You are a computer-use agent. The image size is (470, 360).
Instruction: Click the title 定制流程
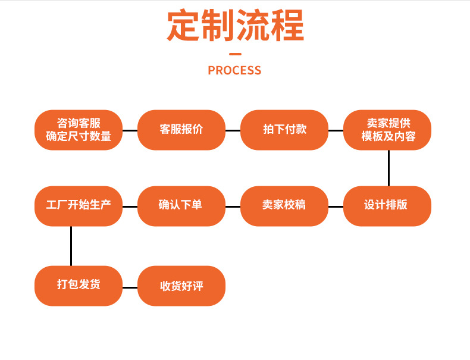pyautogui.click(x=235, y=26)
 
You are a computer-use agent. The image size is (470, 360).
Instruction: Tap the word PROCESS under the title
pyautogui.click(x=234, y=70)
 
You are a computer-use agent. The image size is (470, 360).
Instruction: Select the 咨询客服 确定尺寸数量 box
pyautogui.click(x=79, y=130)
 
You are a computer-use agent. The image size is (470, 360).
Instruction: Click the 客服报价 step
pyautogui.click(x=181, y=130)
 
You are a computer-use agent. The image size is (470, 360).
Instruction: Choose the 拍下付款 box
pyautogui.click(x=284, y=130)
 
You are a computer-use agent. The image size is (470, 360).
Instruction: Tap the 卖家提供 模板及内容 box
pyautogui.click(x=387, y=130)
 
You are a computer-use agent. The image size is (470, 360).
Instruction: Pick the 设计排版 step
pyautogui.click(x=387, y=206)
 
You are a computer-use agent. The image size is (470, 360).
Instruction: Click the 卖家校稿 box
pyautogui.click(x=284, y=206)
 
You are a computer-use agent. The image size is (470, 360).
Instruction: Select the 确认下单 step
pyautogui.click(x=181, y=206)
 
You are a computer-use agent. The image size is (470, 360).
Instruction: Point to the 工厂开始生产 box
pyautogui.click(x=79, y=206)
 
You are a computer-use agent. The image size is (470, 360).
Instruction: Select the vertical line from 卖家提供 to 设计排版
pyautogui.click(x=388, y=168)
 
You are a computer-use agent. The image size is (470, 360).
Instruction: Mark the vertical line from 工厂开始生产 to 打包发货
pyautogui.click(x=71, y=246)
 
